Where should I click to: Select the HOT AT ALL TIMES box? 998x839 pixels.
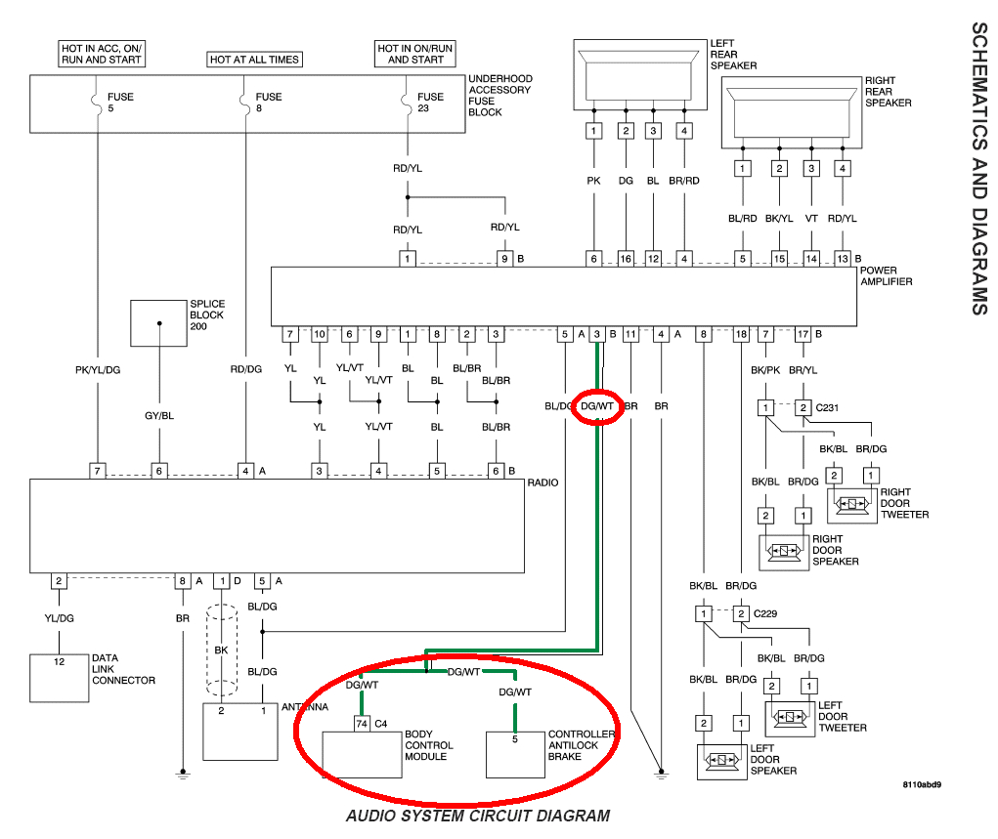click(254, 60)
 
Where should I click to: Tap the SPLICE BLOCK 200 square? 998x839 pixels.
click(158, 322)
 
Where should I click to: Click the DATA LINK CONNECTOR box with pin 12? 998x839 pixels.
click(59, 678)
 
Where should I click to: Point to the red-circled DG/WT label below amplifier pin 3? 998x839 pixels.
click(596, 404)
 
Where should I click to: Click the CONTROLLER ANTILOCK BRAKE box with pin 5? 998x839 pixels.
click(515, 752)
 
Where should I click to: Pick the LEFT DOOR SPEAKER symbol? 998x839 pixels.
click(722, 760)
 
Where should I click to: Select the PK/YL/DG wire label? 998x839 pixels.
click(98, 370)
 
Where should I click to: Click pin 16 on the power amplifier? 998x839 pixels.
click(625, 259)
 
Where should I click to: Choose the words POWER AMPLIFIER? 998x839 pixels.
click(886, 276)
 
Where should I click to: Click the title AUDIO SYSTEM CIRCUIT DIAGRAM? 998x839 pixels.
click(478, 816)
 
